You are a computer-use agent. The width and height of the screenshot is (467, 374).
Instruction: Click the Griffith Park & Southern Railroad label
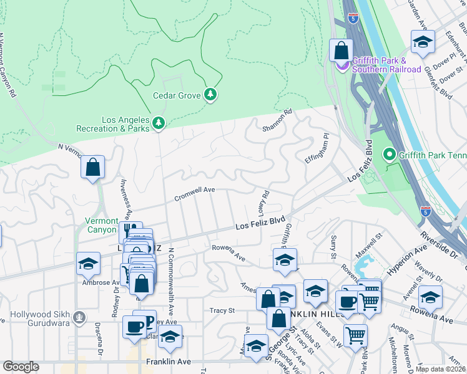pos(386,65)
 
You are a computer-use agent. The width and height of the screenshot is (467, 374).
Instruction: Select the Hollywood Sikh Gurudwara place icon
pos(79,317)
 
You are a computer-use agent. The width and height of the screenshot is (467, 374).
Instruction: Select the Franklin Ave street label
pos(167,361)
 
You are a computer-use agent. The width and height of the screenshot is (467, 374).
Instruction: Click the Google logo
pos(21,367)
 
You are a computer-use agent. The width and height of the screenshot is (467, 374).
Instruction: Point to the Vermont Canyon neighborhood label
pos(102,226)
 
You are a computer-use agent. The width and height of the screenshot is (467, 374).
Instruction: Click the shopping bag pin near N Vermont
pos(92,167)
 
